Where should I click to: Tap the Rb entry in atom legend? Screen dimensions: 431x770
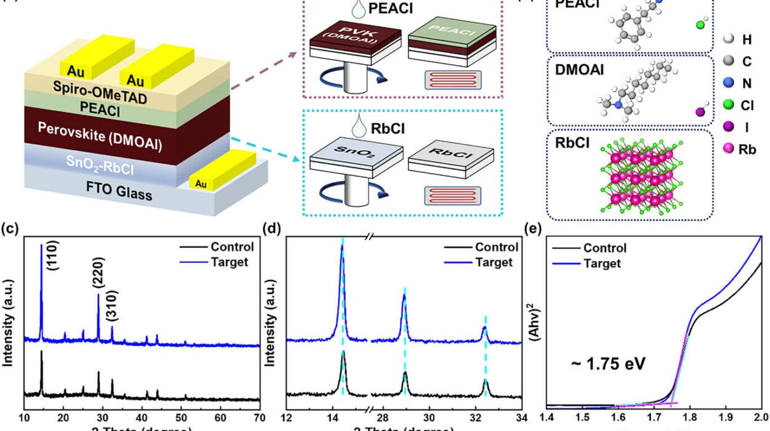pos(737,149)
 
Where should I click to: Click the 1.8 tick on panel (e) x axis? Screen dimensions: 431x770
pos(691,421)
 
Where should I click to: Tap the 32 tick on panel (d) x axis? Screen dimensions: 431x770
pos(477,421)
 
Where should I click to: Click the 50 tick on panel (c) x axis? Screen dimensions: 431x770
pos(182,421)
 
